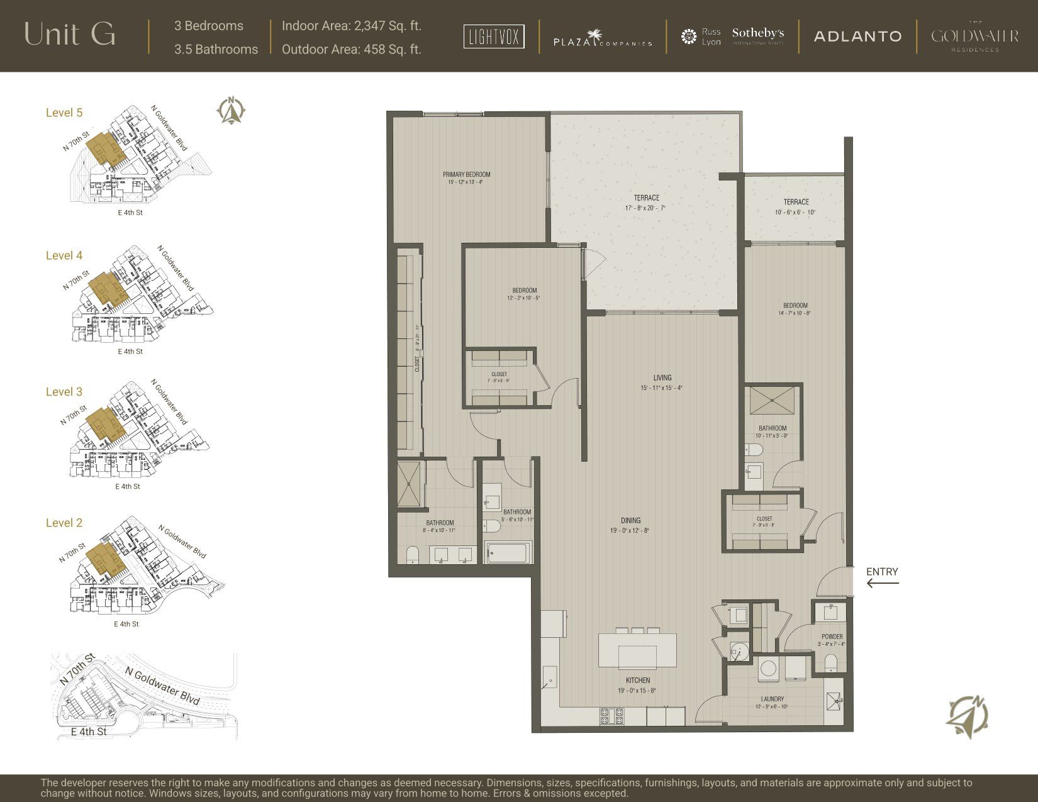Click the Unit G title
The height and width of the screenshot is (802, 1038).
tap(70, 35)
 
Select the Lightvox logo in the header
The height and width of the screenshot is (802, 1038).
tap(494, 36)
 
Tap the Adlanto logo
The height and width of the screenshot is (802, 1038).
tap(857, 36)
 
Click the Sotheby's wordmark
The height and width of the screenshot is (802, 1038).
tap(758, 33)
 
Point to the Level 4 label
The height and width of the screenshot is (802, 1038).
tap(64, 255)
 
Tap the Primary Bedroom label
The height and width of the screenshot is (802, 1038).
tap(466, 175)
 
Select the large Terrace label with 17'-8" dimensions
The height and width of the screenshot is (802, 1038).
tap(646, 198)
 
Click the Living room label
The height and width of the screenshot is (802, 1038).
tap(662, 378)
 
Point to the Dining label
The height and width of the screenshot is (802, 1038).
tap(630, 521)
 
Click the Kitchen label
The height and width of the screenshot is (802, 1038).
tap(637, 681)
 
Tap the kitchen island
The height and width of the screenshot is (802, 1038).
tap(637, 652)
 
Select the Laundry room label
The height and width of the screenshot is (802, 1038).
tap(772, 699)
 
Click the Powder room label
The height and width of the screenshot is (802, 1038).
tap(832, 637)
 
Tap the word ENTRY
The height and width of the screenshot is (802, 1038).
tap(882, 572)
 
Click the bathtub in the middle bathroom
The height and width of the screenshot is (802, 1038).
tap(508, 553)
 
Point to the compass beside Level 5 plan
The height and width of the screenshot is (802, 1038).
tap(232, 111)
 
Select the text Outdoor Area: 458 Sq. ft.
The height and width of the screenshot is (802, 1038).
tap(351, 49)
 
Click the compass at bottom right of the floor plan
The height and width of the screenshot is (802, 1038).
tap(968, 716)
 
